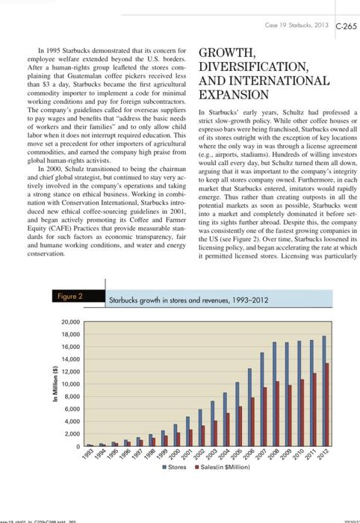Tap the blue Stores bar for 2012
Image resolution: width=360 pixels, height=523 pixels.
(323, 392)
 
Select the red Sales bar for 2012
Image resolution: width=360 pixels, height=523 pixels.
(328, 405)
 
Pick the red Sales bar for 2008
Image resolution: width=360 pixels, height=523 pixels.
(278, 414)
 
